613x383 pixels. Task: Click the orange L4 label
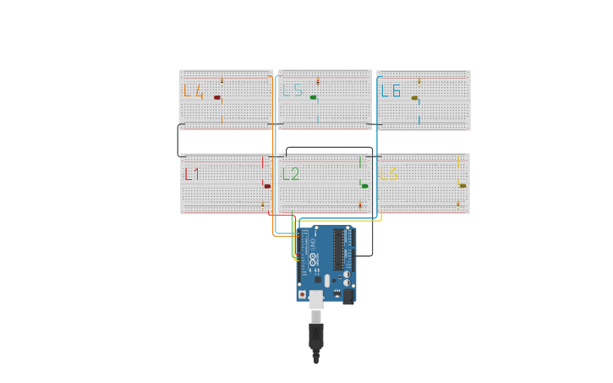click(x=193, y=91)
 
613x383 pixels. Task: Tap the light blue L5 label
click(x=293, y=90)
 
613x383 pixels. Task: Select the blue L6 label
click(x=390, y=90)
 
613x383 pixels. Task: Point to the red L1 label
click(x=192, y=174)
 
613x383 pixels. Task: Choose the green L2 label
click(x=291, y=174)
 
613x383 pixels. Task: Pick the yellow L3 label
click(x=389, y=174)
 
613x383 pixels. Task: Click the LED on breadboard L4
click(x=217, y=98)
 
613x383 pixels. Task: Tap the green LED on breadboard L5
click(x=314, y=98)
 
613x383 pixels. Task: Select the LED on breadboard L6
click(x=414, y=98)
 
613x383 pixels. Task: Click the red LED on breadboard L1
click(x=267, y=186)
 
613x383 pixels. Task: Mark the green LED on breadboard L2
click(x=364, y=186)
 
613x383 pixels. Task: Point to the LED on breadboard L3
click(x=462, y=186)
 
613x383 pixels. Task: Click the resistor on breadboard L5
click(x=318, y=82)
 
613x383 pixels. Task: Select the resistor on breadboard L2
click(x=360, y=205)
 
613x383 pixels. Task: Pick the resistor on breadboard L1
click(x=262, y=205)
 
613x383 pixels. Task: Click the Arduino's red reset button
click(x=302, y=293)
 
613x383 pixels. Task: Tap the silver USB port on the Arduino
click(x=315, y=298)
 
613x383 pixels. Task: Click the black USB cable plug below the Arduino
click(x=316, y=336)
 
